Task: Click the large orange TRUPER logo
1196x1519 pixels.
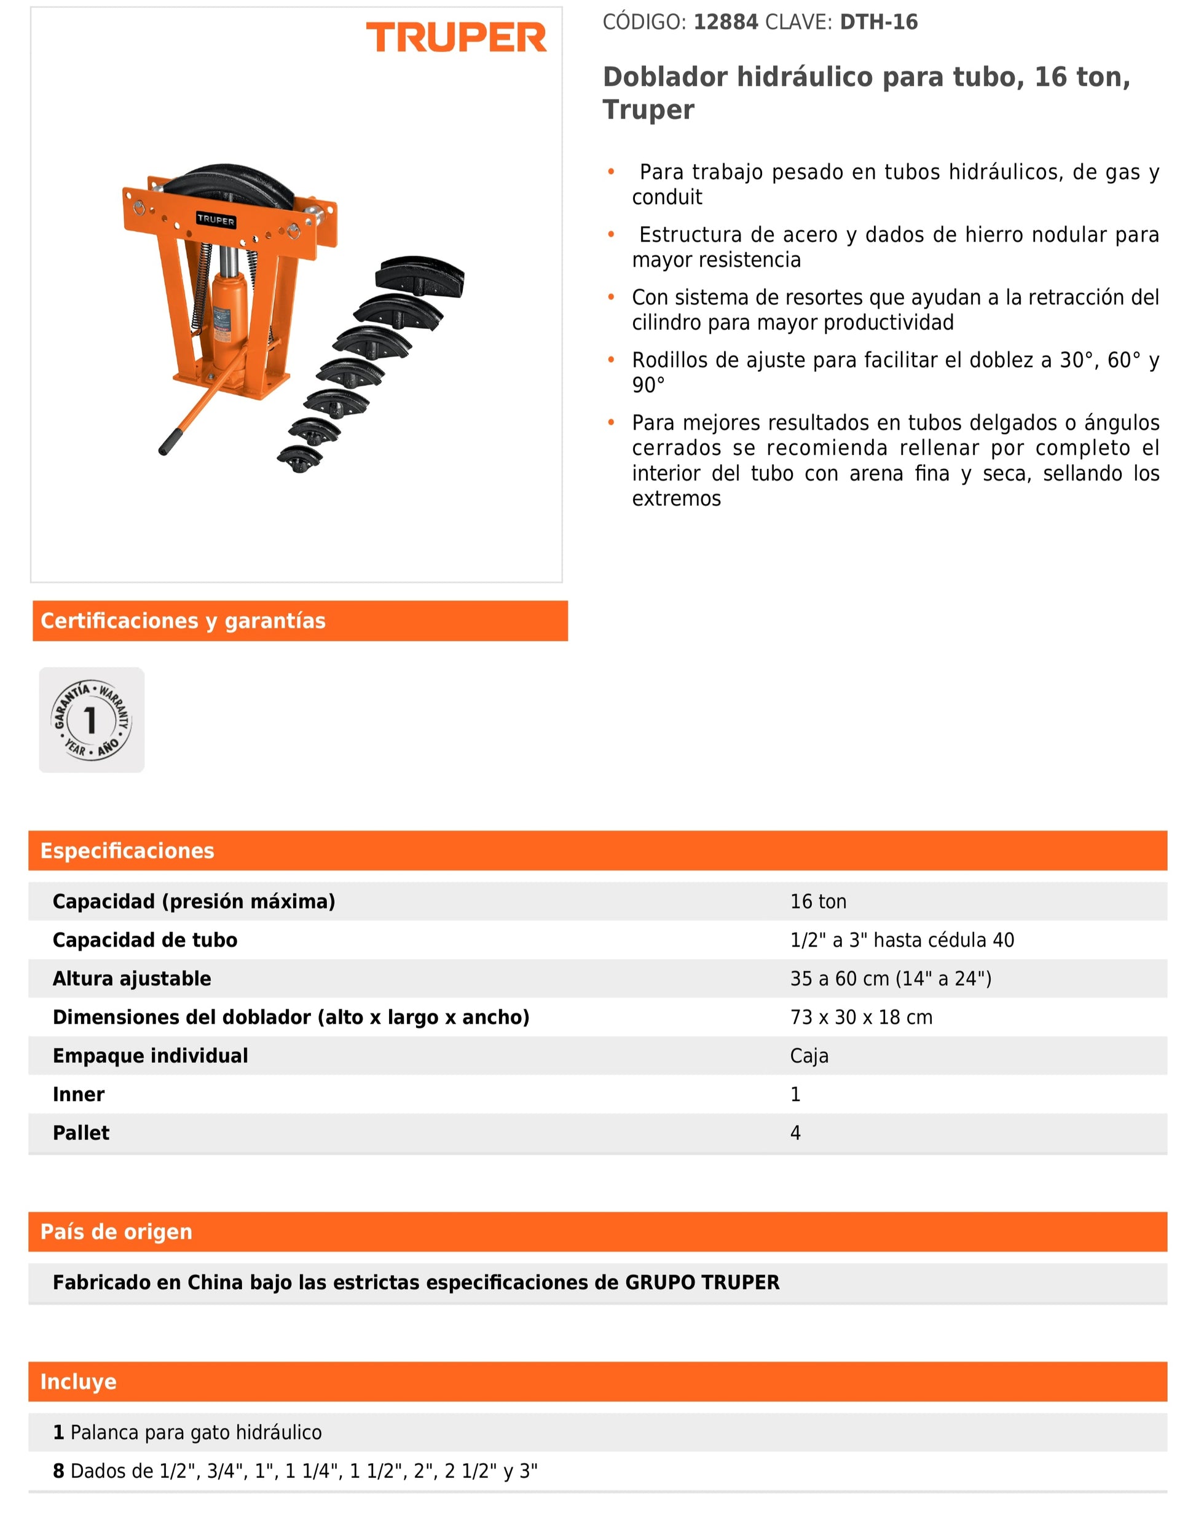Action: (x=456, y=37)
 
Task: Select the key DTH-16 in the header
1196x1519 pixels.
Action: (x=878, y=22)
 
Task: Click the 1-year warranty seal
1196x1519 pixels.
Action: (x=91, y=719)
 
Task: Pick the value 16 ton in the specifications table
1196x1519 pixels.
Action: (x=818, y=901)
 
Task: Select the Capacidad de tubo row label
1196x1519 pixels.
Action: (x=145, y=940)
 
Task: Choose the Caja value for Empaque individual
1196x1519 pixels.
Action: (x=809, y=1055)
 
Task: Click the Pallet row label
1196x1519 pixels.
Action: (x=81, y=1132)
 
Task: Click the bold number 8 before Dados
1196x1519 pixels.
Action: (x=59, y=1470)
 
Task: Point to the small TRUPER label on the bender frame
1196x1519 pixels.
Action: (x=216, y=220)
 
